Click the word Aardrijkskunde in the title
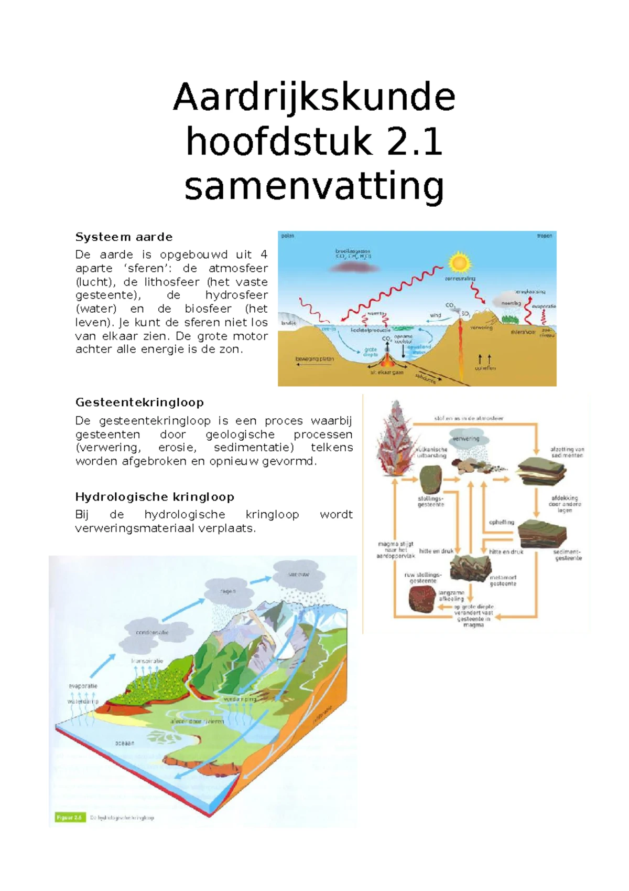(314, 98)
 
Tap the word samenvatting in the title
(314, 187)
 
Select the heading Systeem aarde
(124, 237)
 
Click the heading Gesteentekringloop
(139, 402)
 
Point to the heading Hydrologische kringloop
(155, 496)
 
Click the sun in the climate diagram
(460, 262)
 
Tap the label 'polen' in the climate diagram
(288, 236)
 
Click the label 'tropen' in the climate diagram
(544, 236)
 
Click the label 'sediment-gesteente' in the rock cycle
(568, 555)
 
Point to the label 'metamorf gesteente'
(503, 580)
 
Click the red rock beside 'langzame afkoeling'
(422, 599)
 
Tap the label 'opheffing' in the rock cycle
(502, 522)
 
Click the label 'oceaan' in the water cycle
(125, 743)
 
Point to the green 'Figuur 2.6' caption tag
(69, 817)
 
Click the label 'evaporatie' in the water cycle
(83, 686)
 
